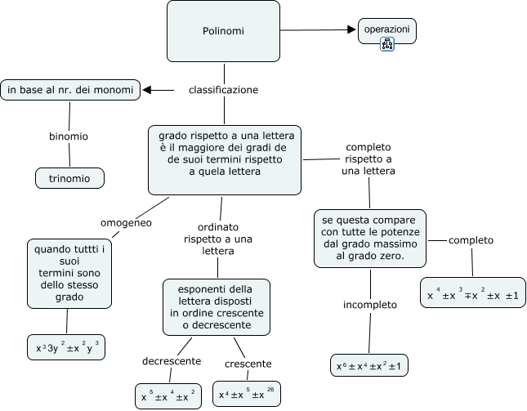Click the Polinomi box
tap(223, 31)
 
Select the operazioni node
tap(387, 29)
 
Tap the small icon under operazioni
tap(387, 45)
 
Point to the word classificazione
tap(223, 90)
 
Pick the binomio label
tap(69, 136)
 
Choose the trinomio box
tap(69, 177)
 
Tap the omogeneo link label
tap(126, 222)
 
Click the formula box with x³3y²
tap(67, 347)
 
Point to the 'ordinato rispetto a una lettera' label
tap(217, 239)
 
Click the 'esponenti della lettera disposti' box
tap(217, 307)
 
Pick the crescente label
tap(248, 363)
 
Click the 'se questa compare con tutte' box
tap(369, 239)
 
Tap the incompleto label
tap(369, 305)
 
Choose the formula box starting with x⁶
tap(369, 365)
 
